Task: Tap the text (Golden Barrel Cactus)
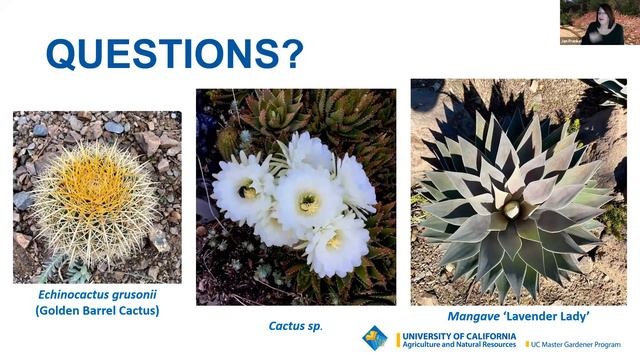tap(97, 310)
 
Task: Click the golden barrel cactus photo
tap(97, 196)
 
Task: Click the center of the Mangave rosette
tap(513, 208)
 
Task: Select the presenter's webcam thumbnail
tap(599, 22)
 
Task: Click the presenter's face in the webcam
tap(606, 16)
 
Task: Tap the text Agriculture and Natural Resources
tap(458, 346)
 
